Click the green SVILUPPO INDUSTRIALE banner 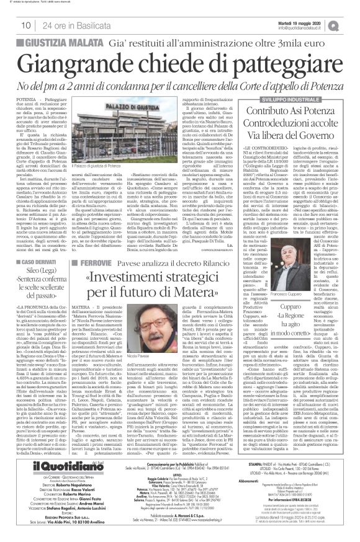pos(286,100)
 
